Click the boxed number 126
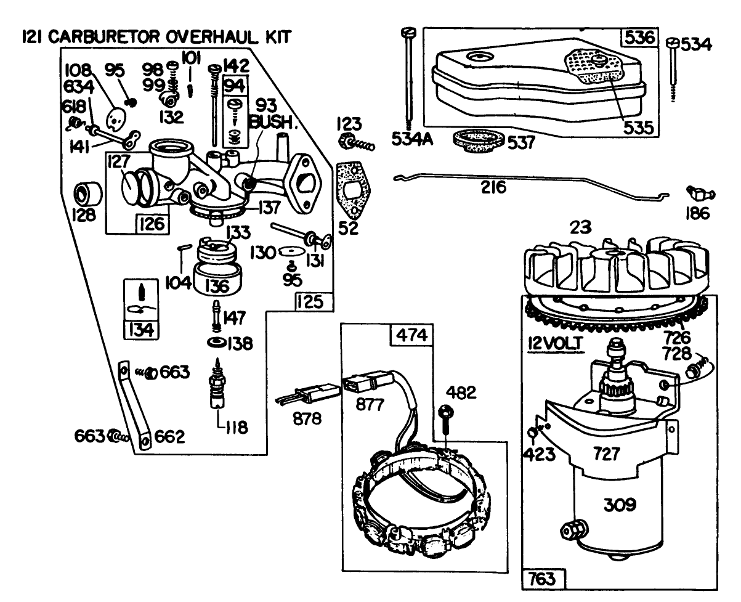pos(152,223)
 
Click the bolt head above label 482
pos(447,411)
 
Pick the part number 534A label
pos(411,139)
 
